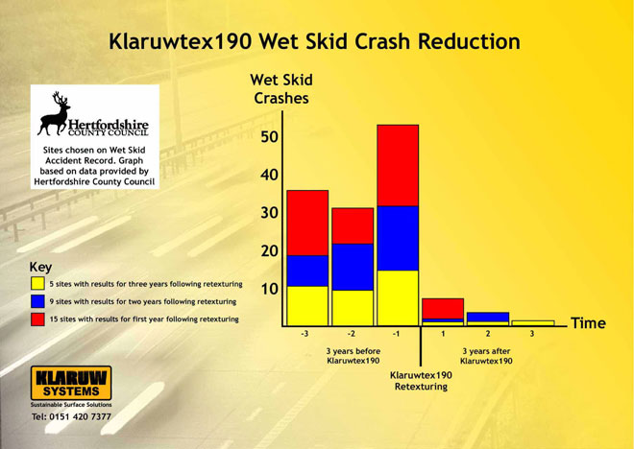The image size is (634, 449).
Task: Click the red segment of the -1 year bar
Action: pos(398,166)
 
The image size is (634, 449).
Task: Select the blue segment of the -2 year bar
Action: pos(353,267)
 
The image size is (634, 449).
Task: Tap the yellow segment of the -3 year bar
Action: pos(307,306)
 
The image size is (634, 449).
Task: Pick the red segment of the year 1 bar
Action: pos(443,309)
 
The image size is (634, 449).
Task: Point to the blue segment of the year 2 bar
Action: pos(488,317)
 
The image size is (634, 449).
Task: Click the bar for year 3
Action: pos(533,323)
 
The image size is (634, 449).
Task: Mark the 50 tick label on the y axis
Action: pos(269,137)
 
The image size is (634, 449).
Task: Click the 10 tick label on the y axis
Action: pos(269,289)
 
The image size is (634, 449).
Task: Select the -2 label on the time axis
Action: pos(351,334)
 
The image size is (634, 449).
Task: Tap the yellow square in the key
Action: pos(37,283)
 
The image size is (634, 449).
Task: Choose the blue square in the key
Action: pos(37,301)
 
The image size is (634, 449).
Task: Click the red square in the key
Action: pos(37,319)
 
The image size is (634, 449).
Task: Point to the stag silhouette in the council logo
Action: pos(55,113)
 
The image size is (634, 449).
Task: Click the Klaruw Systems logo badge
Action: pos(71,383)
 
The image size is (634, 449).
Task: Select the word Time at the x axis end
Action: pos(588,323)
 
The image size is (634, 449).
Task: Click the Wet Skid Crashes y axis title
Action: pos(281,89)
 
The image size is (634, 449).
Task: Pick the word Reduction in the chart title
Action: pos(469,41)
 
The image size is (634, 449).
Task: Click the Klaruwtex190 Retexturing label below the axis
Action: pos(421,381)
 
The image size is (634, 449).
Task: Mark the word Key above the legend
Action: pos(40,268)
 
